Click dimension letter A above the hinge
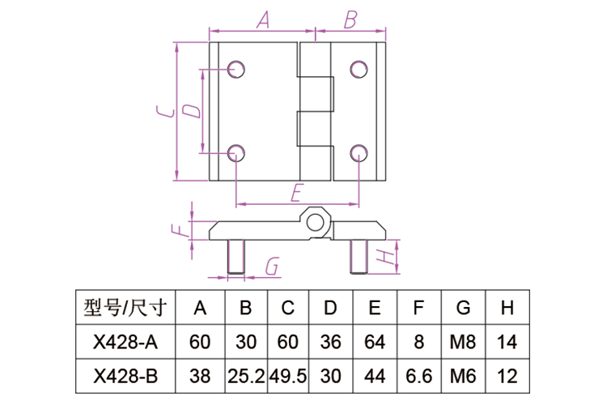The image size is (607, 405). (262, 21)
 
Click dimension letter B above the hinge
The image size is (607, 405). (350, 19)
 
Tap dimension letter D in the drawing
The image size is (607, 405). (191, 111)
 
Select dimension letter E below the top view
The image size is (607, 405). (297, 192)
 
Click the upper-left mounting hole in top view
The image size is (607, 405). (236, 69)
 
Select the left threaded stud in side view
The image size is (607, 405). (236, 257)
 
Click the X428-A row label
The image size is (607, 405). (125, 342)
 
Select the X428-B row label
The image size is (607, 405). (125, 375)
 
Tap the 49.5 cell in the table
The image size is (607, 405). (287, 375)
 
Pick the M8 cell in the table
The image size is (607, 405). (463, 342)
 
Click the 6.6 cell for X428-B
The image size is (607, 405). (418, 375)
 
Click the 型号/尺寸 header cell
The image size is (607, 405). (125, 308)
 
